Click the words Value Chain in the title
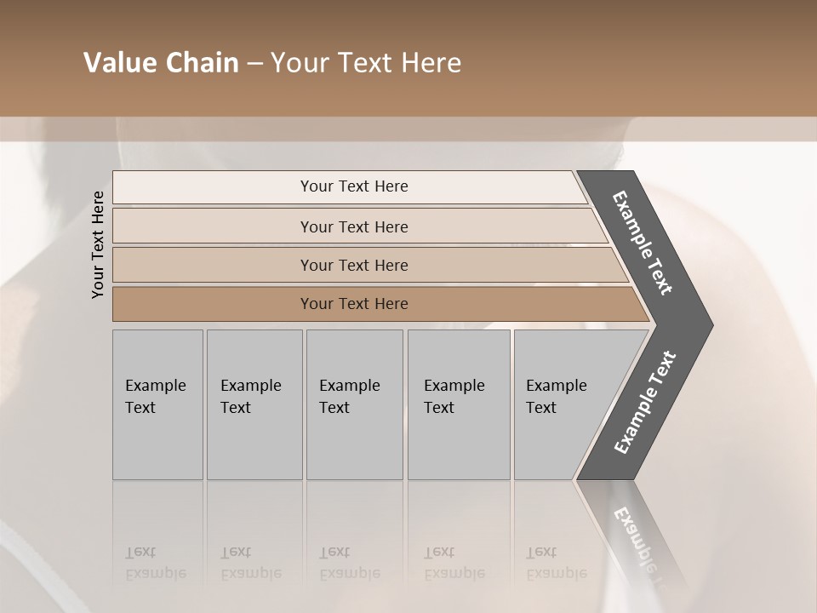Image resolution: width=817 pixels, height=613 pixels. (161, 63)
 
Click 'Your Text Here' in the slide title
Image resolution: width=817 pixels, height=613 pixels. (366, 63)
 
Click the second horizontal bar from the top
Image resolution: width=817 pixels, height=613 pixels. (354, 226)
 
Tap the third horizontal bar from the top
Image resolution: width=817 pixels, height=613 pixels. (354, 265)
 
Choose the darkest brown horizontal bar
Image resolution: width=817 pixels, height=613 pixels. (354, 304)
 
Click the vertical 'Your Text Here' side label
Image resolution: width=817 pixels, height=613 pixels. (98, 244)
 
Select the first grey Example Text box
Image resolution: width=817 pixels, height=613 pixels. (157, 404)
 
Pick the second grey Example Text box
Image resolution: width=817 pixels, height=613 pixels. (254, 404)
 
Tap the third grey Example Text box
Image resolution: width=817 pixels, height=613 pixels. (353, 404)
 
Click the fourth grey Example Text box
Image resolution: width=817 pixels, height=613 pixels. (458, 404)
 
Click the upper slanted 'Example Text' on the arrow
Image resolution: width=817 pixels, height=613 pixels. (643, 243)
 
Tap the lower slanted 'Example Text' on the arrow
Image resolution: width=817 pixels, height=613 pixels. (645, 402)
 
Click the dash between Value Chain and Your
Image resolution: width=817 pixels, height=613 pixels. (254, 64)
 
